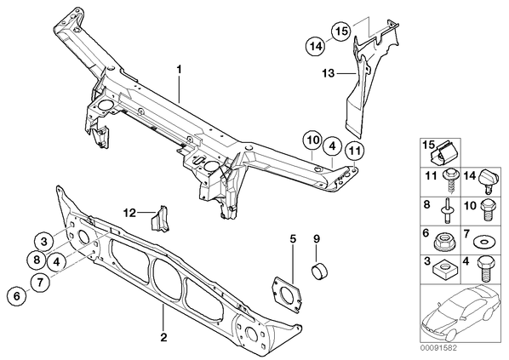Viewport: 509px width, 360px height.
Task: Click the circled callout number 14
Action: (316, 47)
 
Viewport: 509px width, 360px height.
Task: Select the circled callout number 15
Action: (341, 31)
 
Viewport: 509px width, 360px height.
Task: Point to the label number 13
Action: (329, 73)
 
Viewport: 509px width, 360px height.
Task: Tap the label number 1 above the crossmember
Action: (179, 70)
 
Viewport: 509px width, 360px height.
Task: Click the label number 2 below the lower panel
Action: (163, 337)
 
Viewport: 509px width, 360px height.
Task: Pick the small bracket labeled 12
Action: (161, 219)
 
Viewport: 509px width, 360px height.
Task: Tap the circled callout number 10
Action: (312, 141)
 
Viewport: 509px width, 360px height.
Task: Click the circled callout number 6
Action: (17, 295)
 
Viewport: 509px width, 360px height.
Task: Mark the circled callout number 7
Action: (40, 283)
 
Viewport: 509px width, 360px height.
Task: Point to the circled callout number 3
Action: (44, 242)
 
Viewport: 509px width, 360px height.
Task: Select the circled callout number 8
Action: (37, 260)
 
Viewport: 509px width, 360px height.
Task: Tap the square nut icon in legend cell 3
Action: (443, 269)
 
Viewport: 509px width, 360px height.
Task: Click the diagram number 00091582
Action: (438, 348)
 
